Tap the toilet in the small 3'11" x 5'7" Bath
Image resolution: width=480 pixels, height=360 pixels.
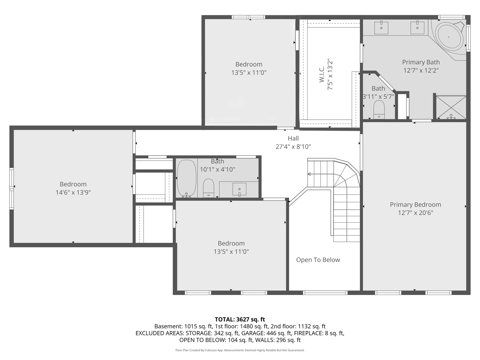379,110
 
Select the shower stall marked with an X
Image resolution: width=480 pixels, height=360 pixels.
451,107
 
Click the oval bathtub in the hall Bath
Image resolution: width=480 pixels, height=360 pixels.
187,178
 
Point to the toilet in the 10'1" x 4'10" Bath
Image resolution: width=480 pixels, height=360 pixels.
208,188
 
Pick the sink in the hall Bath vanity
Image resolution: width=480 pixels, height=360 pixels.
239,189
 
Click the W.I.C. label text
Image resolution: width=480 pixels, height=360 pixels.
321,75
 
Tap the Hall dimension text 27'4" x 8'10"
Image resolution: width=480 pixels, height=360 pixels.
293,146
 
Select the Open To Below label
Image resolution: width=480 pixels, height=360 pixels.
318,260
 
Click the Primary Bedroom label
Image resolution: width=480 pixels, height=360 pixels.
415,205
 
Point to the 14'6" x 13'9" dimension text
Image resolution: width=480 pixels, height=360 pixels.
73,192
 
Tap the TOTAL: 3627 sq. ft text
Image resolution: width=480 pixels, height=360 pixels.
240,320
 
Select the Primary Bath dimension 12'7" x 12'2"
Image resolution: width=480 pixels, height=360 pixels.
421,70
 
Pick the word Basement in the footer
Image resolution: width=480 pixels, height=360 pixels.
168,326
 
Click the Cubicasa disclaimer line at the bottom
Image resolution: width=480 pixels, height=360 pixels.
240,350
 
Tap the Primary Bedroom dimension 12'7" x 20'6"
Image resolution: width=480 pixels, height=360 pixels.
415,213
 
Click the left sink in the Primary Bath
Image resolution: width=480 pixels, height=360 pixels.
381,28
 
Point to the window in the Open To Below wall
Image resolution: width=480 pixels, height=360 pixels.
325,293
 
